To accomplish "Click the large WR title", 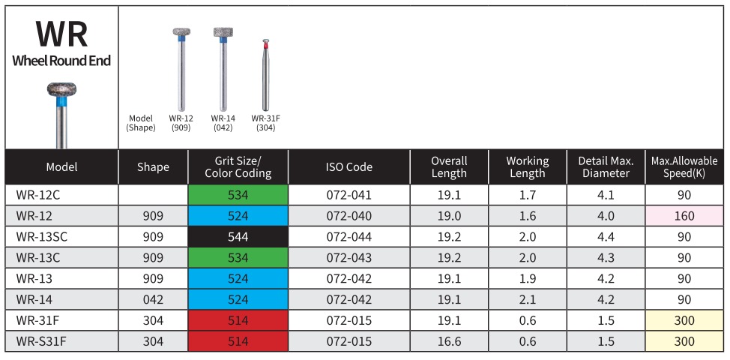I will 61,34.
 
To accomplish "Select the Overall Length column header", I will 449,167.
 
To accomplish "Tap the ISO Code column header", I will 349,167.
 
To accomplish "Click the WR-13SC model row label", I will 42,237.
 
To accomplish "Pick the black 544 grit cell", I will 238,237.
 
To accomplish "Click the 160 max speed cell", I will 684,216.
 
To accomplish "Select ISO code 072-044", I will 349,237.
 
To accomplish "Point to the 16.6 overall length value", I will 449,341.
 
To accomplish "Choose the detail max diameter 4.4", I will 605,237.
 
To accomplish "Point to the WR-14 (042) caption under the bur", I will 223,123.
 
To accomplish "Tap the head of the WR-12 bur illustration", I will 181,34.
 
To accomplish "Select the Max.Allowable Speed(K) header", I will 684,167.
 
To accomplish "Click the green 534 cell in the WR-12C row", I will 238,195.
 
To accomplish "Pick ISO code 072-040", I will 349,216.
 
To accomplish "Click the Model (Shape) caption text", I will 141,123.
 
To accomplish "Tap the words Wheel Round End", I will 61,61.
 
